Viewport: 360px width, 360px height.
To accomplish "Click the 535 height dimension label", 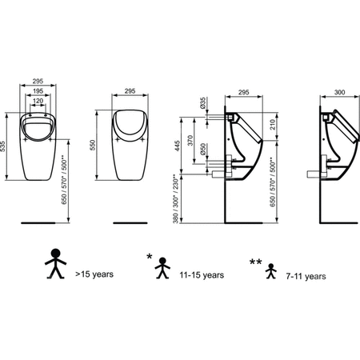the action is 2,146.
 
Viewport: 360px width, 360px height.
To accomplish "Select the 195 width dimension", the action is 38,91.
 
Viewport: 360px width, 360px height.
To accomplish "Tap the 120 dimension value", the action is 38,101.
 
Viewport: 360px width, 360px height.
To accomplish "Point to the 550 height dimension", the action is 92,145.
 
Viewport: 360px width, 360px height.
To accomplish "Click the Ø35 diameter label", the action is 202,102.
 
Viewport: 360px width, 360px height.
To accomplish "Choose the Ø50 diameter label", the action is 203,149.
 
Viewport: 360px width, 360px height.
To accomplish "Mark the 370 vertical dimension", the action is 190,141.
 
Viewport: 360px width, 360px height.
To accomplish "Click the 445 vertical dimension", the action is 178,146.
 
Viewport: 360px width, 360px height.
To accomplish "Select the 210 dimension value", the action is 272,125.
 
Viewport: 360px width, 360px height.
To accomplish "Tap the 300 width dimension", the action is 339,92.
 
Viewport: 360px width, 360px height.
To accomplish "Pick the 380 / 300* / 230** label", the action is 175,199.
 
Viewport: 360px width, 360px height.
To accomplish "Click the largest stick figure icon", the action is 55,263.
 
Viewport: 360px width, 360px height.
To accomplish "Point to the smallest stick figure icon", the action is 271,271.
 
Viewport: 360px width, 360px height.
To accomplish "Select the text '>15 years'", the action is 94,274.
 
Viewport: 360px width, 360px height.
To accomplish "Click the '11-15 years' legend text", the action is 202,275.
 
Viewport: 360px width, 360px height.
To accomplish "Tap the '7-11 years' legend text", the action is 306,276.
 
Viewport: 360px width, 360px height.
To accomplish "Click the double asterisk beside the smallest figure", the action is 255,262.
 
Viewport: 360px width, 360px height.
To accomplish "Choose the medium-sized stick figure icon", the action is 162,268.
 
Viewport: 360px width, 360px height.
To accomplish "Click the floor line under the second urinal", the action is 130,223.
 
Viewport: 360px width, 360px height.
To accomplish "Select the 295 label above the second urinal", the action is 130,91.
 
